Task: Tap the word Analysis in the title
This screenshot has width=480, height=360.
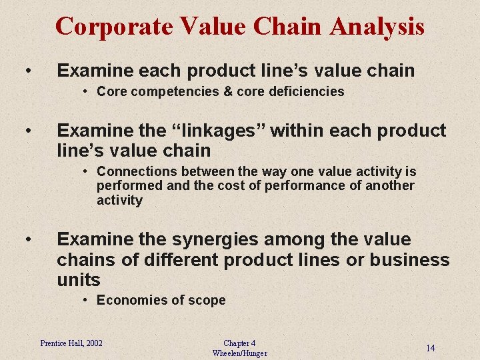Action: coord(377,27)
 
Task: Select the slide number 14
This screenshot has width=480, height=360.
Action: coord(431,348)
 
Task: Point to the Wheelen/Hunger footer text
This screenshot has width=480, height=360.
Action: coord(239,353)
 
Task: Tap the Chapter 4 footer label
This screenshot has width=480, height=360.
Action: coord(239,343)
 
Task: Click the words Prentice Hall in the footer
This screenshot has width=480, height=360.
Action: coord(61,343)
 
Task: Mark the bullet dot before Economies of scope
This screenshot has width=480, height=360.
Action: coord(87,301)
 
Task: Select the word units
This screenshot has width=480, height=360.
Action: coord(79,280)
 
